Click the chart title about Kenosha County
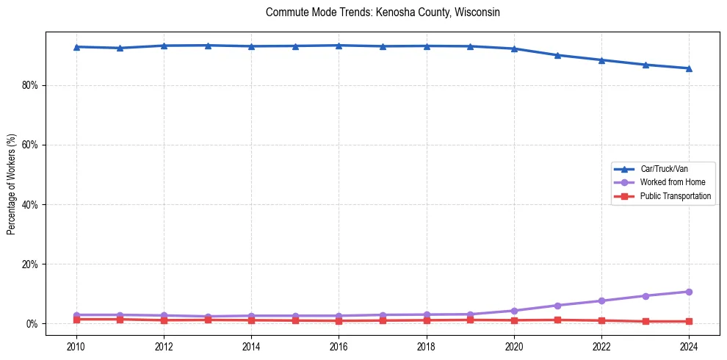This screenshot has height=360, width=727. pos(383,12)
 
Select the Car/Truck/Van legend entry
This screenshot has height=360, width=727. pos(664,169)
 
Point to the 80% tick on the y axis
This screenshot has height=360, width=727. pos(30,85)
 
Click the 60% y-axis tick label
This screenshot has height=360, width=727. pos(30,145)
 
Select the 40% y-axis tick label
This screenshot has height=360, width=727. pos(30,204)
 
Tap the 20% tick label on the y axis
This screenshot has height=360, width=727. pos(30,264)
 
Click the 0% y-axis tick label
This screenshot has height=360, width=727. pos(32,323)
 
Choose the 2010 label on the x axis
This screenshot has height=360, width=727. pos(76,346)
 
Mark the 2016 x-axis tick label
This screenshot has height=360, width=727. pos(339,346)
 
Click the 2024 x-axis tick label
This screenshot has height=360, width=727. pos(689,346)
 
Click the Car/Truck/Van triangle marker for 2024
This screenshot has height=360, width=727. pos(689,68)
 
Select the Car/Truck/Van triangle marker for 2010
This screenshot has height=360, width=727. pos(76,47)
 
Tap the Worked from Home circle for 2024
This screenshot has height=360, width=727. pos(689,292)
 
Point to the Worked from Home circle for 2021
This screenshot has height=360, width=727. pos(557,306)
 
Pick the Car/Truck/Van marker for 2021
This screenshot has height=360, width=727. pos(557,55)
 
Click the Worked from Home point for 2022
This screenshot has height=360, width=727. pos(601,300)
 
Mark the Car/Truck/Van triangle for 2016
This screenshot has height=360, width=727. pos(339,46)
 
